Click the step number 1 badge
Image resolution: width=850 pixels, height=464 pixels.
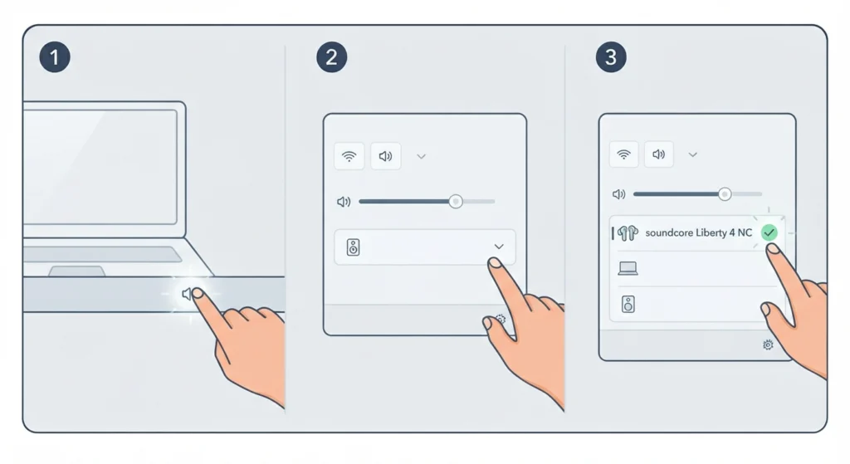point(55,57)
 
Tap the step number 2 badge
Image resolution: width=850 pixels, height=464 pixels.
point(332,57)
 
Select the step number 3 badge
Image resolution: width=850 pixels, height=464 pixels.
point(611,57)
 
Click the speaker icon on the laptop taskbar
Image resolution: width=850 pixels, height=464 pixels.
point(187,294)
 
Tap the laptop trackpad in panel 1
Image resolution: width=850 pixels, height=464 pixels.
point(77,271)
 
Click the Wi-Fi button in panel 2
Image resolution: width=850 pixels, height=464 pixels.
point(349,156)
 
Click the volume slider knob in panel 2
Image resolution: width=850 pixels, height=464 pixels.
point(456,202)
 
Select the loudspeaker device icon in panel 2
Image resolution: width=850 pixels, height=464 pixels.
point(353,247)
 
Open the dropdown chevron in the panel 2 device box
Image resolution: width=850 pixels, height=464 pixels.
point(499,247)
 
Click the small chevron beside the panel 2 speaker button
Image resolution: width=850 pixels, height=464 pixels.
point(421,157)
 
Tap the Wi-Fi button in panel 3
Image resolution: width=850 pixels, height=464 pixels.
point(624,154)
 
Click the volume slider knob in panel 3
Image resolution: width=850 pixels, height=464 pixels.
point(725,194)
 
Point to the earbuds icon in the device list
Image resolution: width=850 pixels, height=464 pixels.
point(628,233)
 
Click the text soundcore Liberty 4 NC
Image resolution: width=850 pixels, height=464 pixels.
point(698,232)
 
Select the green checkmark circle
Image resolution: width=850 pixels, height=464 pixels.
point(769,232)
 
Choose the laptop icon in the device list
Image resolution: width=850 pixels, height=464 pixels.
point(628,268)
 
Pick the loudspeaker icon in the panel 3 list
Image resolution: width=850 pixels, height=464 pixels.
point(628,304)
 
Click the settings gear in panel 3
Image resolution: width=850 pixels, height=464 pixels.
point(768,344)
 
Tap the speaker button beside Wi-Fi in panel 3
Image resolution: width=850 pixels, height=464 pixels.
point(658,154)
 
